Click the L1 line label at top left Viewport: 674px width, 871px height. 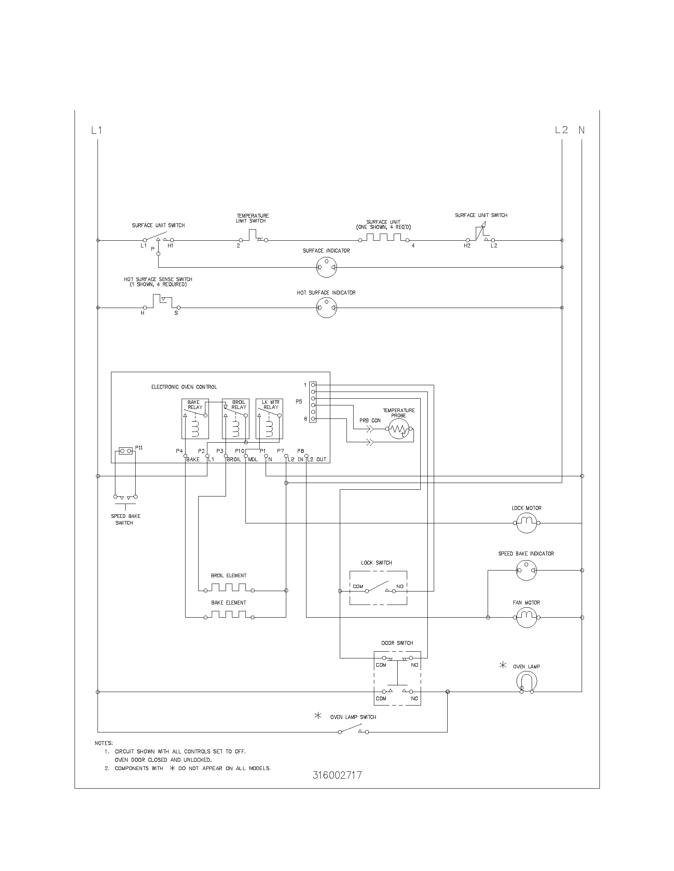pos(97,130)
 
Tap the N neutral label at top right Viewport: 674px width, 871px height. pos(582,130)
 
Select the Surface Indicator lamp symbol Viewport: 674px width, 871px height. pos(326,267)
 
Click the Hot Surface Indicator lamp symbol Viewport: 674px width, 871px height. pos(326,308)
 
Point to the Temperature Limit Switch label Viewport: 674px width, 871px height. pos(252,218)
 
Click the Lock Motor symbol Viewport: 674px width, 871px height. pos(526,523)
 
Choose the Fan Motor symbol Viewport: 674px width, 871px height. pos(526,617)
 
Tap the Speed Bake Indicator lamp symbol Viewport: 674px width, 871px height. pos(526,570)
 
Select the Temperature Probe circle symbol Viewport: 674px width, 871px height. pos(399,429)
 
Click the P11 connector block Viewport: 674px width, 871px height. pos(126,451)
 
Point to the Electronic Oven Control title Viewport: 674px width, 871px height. pos(184,387)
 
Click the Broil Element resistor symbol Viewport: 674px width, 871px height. pos(228,588)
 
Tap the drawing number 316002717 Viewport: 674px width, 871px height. pos(337,775)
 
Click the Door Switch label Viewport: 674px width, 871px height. pos(397,643)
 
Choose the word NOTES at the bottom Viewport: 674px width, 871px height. pos(104,743)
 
